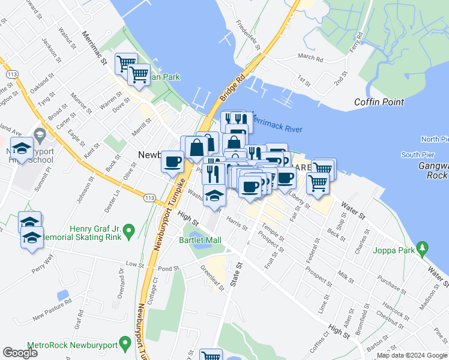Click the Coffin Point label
[x=379, y=102]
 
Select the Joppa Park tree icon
[x=424, y=247]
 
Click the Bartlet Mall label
[x=200, y=240]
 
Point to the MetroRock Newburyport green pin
[x=125, y=343]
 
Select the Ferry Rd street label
[x=357, y=43]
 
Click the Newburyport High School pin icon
[x=40, y=134]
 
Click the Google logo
[x=20, y=353]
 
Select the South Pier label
[x=418, y=155]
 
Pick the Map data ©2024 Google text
[x=411, y=355]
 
